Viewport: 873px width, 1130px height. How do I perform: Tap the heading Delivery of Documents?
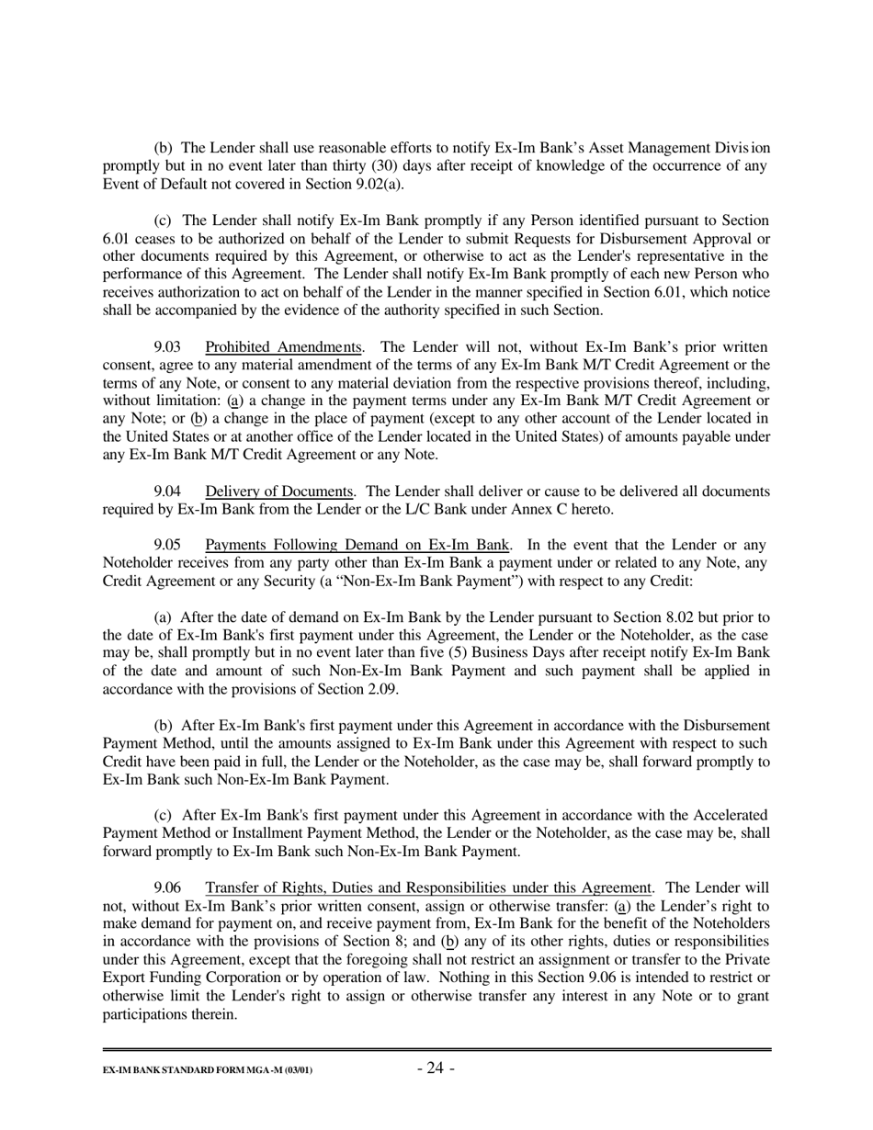pos(279,492)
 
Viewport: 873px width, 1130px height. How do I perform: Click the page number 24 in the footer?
pos(436,1068)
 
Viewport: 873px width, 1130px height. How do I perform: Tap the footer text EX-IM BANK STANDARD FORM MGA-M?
pos(207,1071)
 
